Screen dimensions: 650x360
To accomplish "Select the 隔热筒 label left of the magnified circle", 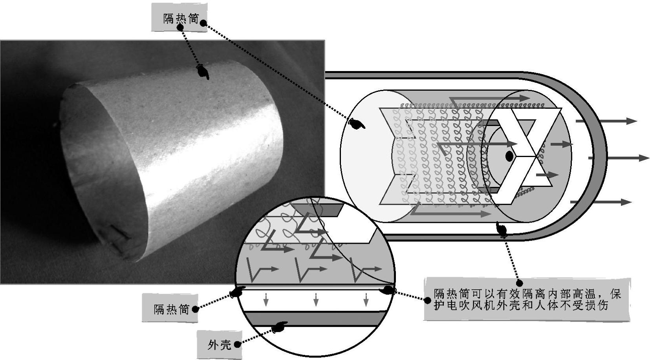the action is tap(172, 309).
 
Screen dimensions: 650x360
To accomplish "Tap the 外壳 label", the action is tap(220, 345).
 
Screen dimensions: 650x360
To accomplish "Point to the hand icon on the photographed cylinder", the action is tap(203, 71).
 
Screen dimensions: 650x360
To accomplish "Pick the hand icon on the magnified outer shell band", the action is tap(280, 327).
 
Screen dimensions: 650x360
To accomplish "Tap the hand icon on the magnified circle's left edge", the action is tap(237, 291).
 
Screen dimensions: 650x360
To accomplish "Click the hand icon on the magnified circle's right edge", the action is tap(387, 290).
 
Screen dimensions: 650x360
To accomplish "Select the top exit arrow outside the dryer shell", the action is tap(606, 121).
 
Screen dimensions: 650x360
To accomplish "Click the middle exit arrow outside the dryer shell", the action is tap(618, 158).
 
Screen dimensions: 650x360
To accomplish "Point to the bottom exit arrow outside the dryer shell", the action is tap(601, 202).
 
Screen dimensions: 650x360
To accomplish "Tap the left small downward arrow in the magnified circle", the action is tap(265, 300).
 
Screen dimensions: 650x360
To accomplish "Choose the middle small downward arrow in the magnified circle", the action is tap(316, 300).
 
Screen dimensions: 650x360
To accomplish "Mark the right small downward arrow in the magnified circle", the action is tap(366, 300).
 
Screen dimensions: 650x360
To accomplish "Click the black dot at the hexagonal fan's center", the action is tap(509, 156).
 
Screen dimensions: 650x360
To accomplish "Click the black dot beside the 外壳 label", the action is tap(237, 345).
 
